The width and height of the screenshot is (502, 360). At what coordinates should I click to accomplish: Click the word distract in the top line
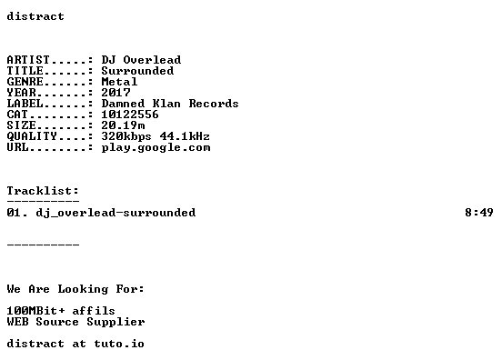point(35,16)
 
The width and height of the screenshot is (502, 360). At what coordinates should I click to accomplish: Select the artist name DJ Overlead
point(141,60)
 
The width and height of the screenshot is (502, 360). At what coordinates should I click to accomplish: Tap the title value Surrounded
point(137,71)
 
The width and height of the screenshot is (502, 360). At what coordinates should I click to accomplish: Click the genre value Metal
point(119,82)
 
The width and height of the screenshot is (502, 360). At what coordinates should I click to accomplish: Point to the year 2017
point(115,93)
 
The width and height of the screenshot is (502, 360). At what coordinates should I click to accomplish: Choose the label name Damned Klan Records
point(170,104)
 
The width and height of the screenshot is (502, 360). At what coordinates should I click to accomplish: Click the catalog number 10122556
point(130,115)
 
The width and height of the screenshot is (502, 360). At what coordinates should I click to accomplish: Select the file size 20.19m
point(124,125)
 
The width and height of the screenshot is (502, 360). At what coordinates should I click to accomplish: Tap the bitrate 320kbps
point(126,136)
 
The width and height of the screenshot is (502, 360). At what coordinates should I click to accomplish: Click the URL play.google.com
point(156,147)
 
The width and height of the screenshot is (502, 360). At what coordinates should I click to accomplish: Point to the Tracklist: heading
point(43,191)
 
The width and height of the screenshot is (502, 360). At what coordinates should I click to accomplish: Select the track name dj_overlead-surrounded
point(115,213)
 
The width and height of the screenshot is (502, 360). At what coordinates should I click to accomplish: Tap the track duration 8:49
point(479,212)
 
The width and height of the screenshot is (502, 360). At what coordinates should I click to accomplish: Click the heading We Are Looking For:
point(75,289)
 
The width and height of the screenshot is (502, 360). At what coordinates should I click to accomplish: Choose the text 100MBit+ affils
point(61,311)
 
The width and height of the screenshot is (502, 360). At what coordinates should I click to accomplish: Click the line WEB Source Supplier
point(75,322)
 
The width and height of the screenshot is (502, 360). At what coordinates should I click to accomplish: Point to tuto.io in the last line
point(119,344)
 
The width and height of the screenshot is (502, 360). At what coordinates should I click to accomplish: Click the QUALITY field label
point(32,136)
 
